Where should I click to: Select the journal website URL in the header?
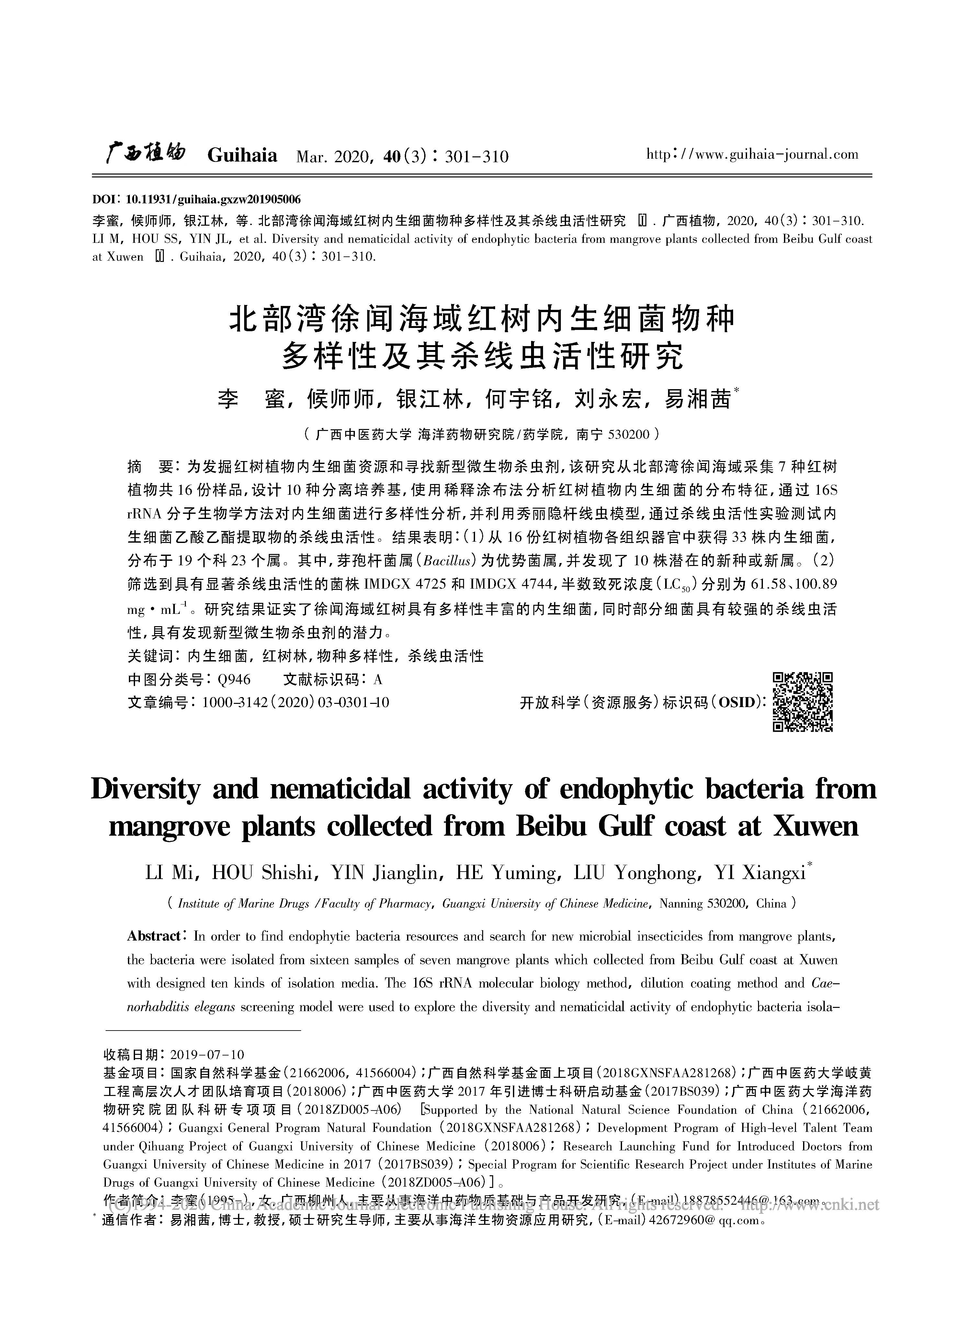click(x=752, y=155)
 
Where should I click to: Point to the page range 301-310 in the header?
click(x=477, y=157)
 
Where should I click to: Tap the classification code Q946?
click(x=234, y=680)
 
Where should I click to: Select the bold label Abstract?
click(x=154, y=937)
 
